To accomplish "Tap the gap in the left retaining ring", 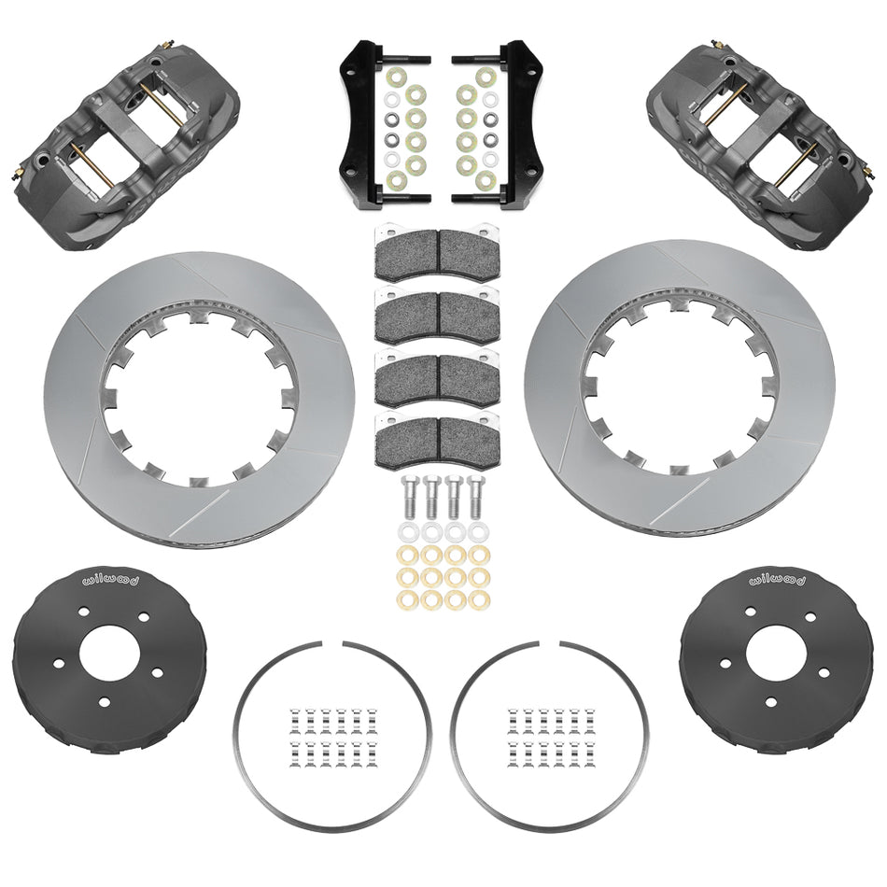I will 337,645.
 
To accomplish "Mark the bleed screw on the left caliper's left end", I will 21,172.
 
